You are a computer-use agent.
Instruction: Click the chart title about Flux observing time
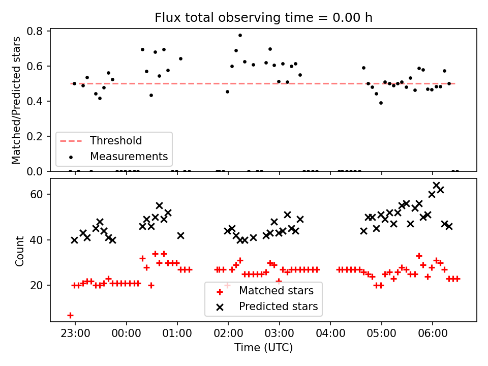[x=263, y=18]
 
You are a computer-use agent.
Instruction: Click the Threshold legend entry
[x=116, y=141]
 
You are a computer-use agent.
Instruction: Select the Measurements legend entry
[x=129, y=156]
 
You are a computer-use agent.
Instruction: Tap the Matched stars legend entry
[x=276, y=291]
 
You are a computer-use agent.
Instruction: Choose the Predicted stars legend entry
[x=278, y=307]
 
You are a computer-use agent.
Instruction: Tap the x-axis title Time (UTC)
[x=263, y=348]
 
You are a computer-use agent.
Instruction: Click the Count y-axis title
[x=20, y=250]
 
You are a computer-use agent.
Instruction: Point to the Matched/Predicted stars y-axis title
[x=17, y=100]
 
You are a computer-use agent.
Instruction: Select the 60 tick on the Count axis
[x=39, y=194]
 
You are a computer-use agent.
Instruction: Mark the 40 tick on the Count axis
[x=39, y=240]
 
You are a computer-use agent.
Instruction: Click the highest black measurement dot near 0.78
[x=240, y=35]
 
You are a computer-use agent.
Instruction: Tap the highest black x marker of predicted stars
[x=436, y=185]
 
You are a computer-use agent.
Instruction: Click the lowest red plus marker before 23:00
[x=70, y=315]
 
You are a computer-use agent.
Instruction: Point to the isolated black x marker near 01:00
[x=180, y=235]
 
